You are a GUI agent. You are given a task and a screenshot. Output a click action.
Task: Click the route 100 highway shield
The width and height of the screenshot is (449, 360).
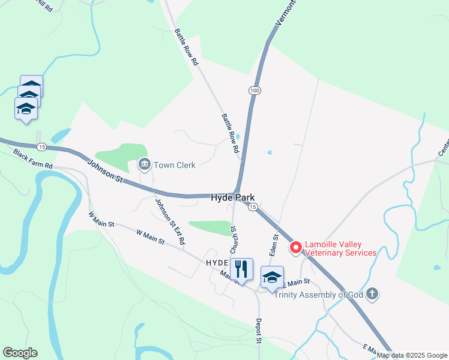click(255, 91)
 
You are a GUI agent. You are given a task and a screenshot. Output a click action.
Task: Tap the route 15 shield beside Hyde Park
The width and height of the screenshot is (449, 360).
click(253, 206)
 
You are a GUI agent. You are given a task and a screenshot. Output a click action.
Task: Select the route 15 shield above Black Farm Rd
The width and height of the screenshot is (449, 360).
click(41, 147)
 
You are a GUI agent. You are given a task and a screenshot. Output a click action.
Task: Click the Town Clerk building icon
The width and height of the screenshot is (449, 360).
click(144, 164)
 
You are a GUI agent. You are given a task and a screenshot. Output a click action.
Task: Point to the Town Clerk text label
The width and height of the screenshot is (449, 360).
click(175, 165)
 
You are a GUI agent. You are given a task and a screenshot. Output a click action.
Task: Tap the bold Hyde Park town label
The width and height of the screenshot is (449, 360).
click(233, 197)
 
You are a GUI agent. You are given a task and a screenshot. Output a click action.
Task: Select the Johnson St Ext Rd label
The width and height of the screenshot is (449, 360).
click(169, 221)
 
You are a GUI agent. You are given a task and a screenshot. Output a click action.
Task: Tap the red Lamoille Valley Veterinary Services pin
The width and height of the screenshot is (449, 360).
click(295, 247)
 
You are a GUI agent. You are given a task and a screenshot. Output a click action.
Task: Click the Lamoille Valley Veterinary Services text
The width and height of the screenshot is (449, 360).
click(340, 248)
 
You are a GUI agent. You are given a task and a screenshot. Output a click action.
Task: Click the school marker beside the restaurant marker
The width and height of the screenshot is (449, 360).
click(272, 277)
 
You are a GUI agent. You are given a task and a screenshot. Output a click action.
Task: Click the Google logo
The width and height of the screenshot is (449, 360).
click(20, 353)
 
